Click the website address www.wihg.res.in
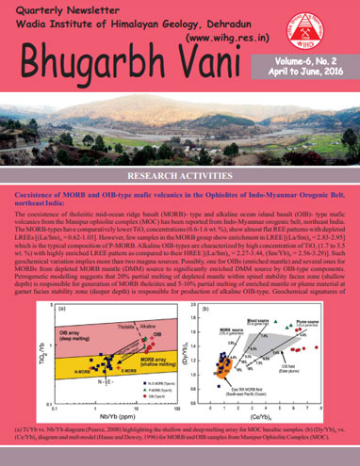227,40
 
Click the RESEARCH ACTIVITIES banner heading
179,176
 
